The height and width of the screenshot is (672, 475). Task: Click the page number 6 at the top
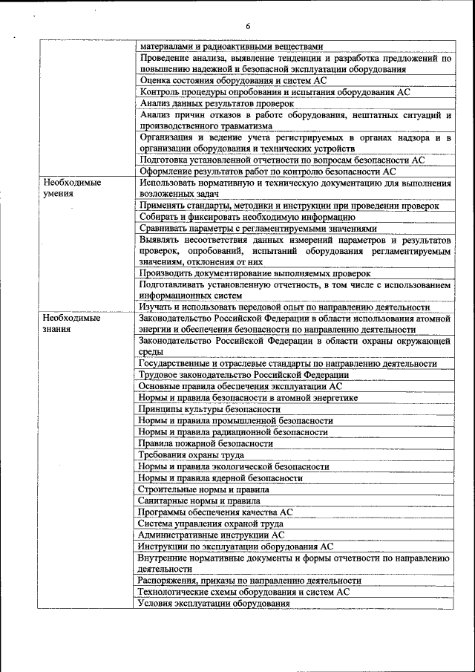click(249, 27)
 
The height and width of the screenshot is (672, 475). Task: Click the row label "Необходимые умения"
click(71, 188)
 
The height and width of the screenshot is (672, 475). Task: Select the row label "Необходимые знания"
click(71, 324)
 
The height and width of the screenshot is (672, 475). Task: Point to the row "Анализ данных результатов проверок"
click(217, 103)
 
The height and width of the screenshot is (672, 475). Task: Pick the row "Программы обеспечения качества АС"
click(216, 512)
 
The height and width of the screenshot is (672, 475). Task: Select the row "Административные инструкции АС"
click(211, 535)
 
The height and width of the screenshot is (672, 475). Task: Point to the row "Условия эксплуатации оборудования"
click(214, 603)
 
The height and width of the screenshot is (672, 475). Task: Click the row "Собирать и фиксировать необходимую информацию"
click(247, 217)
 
